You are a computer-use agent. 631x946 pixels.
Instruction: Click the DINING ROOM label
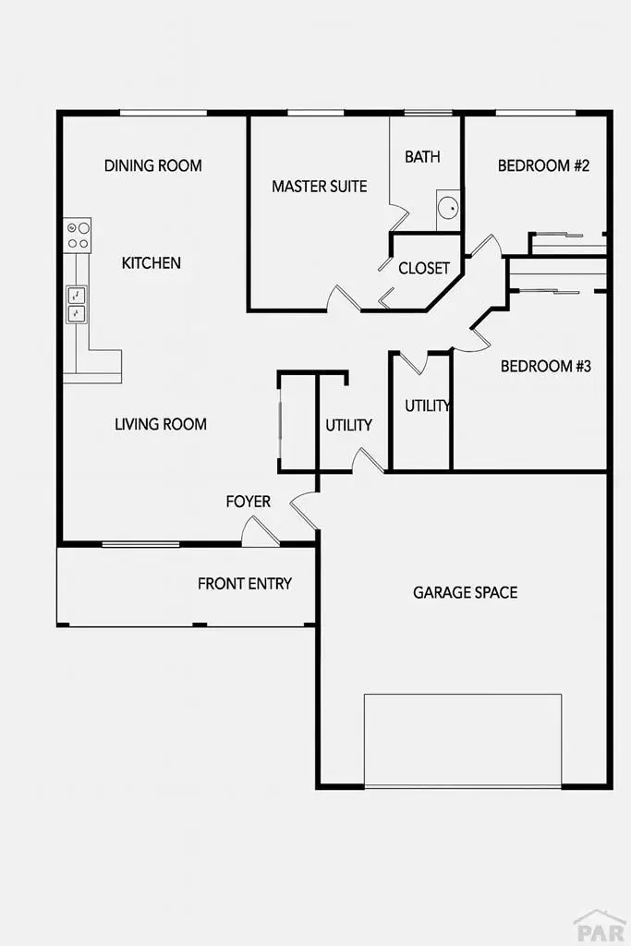point(152,166)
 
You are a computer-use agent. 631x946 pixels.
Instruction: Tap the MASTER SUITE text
point(319,187)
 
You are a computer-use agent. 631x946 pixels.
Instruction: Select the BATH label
point(422,157)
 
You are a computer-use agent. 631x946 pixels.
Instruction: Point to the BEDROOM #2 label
point(543,166)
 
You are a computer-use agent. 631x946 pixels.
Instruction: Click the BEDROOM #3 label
point(545,366)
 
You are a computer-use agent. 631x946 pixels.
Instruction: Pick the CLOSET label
point(424,269)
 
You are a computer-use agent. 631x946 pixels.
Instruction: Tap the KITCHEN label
point(152,263)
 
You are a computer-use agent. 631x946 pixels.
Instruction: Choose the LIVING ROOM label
point(161,425)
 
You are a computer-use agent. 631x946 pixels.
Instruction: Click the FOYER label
point(249,502)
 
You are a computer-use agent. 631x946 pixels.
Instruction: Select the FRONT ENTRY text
point(245,584)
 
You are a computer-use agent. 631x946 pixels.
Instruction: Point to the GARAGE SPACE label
point(465,592)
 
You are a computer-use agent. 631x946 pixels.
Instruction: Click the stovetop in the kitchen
point(77,235)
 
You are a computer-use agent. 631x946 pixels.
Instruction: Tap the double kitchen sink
point(76,305)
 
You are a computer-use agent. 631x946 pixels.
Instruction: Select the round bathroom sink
point(448,208)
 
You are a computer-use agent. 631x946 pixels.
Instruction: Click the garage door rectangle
point(463,740)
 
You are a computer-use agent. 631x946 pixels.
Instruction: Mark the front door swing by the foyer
point(258,530)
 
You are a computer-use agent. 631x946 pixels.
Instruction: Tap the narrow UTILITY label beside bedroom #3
point(428,406)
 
